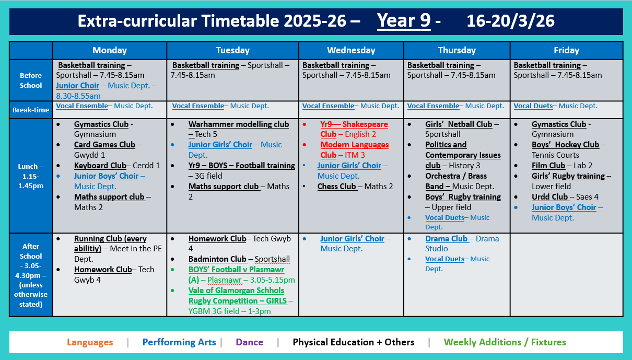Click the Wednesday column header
[x=351, y=51]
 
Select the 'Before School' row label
[x=31, y=80]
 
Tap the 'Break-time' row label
[x=31, y=110]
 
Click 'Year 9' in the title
[x=404, y=21]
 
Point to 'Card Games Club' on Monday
[x=104, y=145]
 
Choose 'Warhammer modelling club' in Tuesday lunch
[x=239, y=124]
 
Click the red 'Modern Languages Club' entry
[x=354, y=149]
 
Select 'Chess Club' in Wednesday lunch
[x=336, y=187]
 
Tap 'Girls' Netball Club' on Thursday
[x=459, y=124]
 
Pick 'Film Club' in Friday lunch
[x=548, y=166]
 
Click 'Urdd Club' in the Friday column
[x=549, y=197]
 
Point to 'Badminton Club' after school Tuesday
[x=217, y=259]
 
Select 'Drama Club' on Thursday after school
[x=446, y=239]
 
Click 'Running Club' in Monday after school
[x=110, y=243]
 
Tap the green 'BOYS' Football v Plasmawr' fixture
[x=236, y=274]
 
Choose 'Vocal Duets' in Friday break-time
[x=533, y=106]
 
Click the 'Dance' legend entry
[x=249, y=343]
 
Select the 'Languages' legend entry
[x=89, y=343]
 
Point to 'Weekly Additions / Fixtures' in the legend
[x=505, y=343]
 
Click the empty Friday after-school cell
[x=566, y=274]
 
